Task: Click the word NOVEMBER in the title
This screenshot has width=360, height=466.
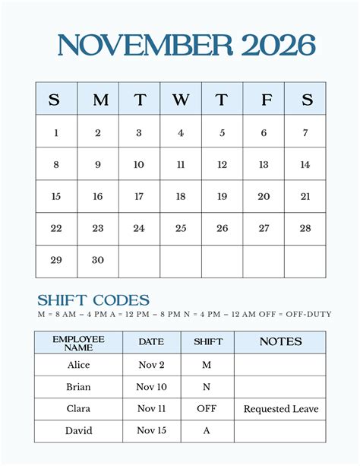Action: click(145, 46)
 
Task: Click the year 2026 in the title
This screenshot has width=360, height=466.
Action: click(279, 46)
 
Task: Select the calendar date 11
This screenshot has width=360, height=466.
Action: click(181, 164)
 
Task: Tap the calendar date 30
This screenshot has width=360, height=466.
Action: click(98, 260)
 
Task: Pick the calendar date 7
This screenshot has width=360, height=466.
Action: click(305, 133)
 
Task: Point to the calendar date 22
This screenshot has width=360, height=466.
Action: click(56, 228)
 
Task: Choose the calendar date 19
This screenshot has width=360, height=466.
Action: click(222, 196)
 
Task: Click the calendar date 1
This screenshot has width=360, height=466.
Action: click(56, 133)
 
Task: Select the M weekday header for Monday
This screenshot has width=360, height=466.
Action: click(98, 100)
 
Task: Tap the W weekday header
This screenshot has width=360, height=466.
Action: click(181, 100)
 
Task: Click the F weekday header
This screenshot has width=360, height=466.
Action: click(264, 100)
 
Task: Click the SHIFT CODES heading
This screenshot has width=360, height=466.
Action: click(93, 300)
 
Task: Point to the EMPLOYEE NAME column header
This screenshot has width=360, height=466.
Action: click(78, 342)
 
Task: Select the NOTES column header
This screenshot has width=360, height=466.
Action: click(280, 342)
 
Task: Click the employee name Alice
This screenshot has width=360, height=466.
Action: click(78, 365)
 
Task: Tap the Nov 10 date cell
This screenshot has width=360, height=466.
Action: click(152, 387)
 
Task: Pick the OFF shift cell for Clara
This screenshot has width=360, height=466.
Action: click(207, 409)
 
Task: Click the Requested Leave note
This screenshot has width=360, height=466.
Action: click(281, 409)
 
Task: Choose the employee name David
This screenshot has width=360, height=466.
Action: click(78, 431)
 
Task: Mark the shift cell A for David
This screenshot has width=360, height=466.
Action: click(207, 431)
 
